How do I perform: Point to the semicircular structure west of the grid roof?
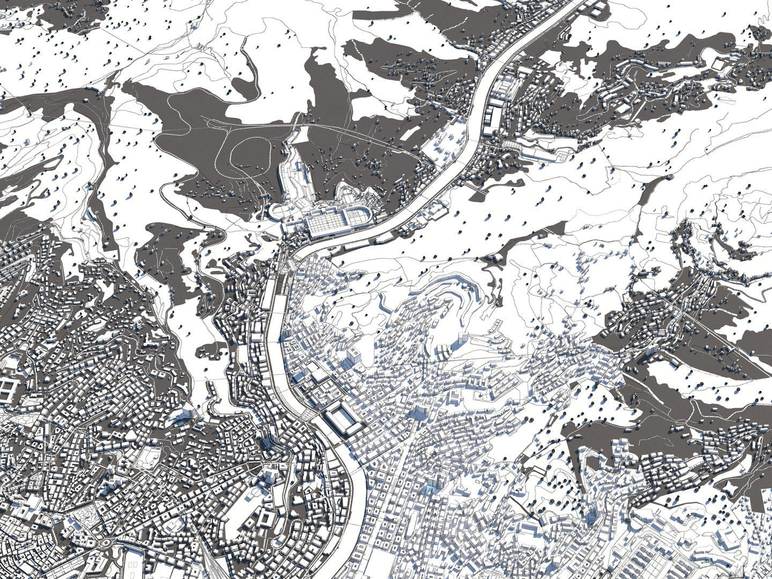pos(278,211)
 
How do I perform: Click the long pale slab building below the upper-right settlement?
pos(541,154)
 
